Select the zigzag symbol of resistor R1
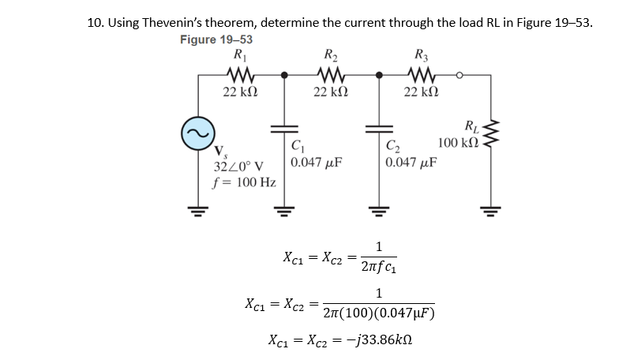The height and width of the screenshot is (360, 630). tap(238, 77)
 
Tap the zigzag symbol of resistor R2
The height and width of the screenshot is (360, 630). tap(327, 77)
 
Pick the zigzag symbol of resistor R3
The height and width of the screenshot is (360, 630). tap(416, 77)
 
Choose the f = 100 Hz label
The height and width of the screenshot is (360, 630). tap(244, 182)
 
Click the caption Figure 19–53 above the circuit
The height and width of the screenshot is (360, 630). tap(216, 39)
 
